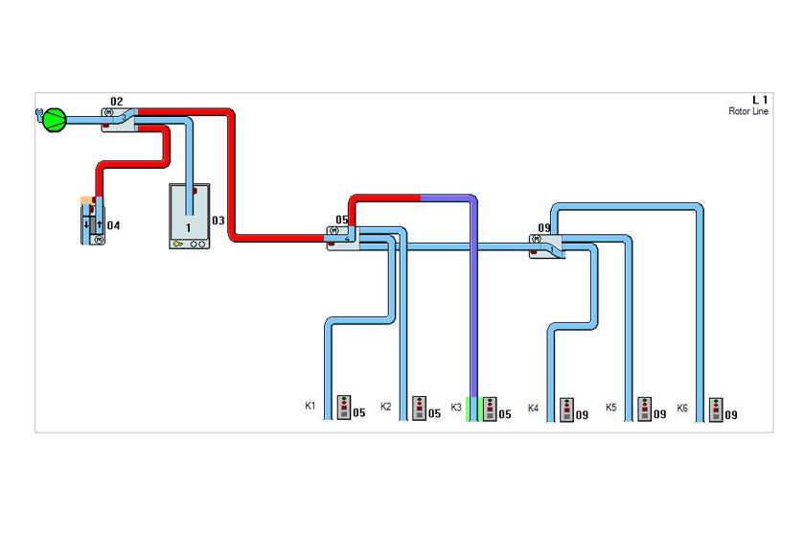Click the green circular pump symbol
coord(54,119)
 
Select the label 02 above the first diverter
coord(117,101)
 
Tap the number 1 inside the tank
coord(189,227)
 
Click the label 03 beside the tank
coord(218,221)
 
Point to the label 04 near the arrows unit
coord(113,225)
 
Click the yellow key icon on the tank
coord(177,245)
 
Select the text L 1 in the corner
coord(760,100)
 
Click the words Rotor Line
coord(748,111)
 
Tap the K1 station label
coord(310,406)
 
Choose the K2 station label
coord(385,407)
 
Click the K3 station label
coord(456,408)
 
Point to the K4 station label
coord(534,408)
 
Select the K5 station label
coord(611,407)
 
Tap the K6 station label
coord(682,408)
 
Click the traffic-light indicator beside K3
coord(489,408)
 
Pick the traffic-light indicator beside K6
coord(716,409)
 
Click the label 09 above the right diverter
coord(543,228)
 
